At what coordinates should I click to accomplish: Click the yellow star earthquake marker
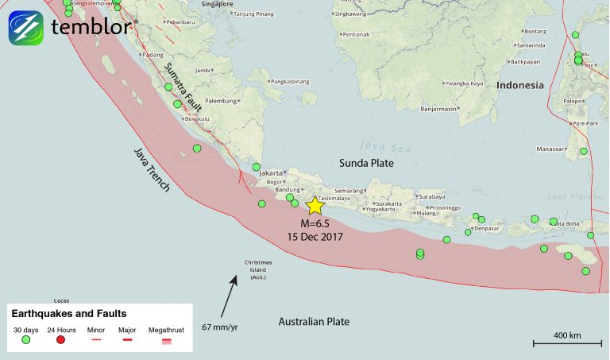315,206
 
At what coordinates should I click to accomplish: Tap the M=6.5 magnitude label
315,224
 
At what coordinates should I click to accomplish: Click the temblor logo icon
25,27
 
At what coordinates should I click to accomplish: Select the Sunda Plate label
367,163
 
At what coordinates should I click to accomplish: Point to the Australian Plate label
315,321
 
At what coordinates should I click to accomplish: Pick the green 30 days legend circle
25,340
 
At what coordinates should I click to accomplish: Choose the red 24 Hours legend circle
60,340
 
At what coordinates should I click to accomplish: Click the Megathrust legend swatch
166,340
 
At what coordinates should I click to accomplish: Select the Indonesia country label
520,85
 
